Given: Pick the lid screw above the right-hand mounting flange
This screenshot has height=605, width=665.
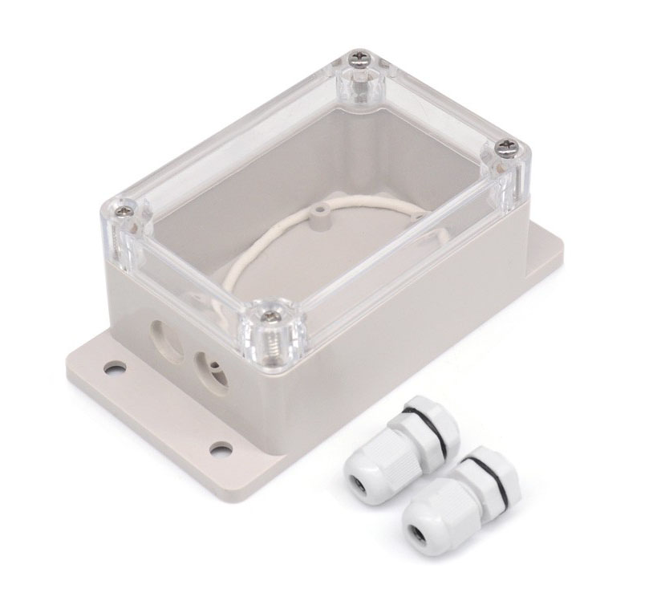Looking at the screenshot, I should point(509,145).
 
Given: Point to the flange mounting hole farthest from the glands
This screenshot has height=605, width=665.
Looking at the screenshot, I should point(115,368).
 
